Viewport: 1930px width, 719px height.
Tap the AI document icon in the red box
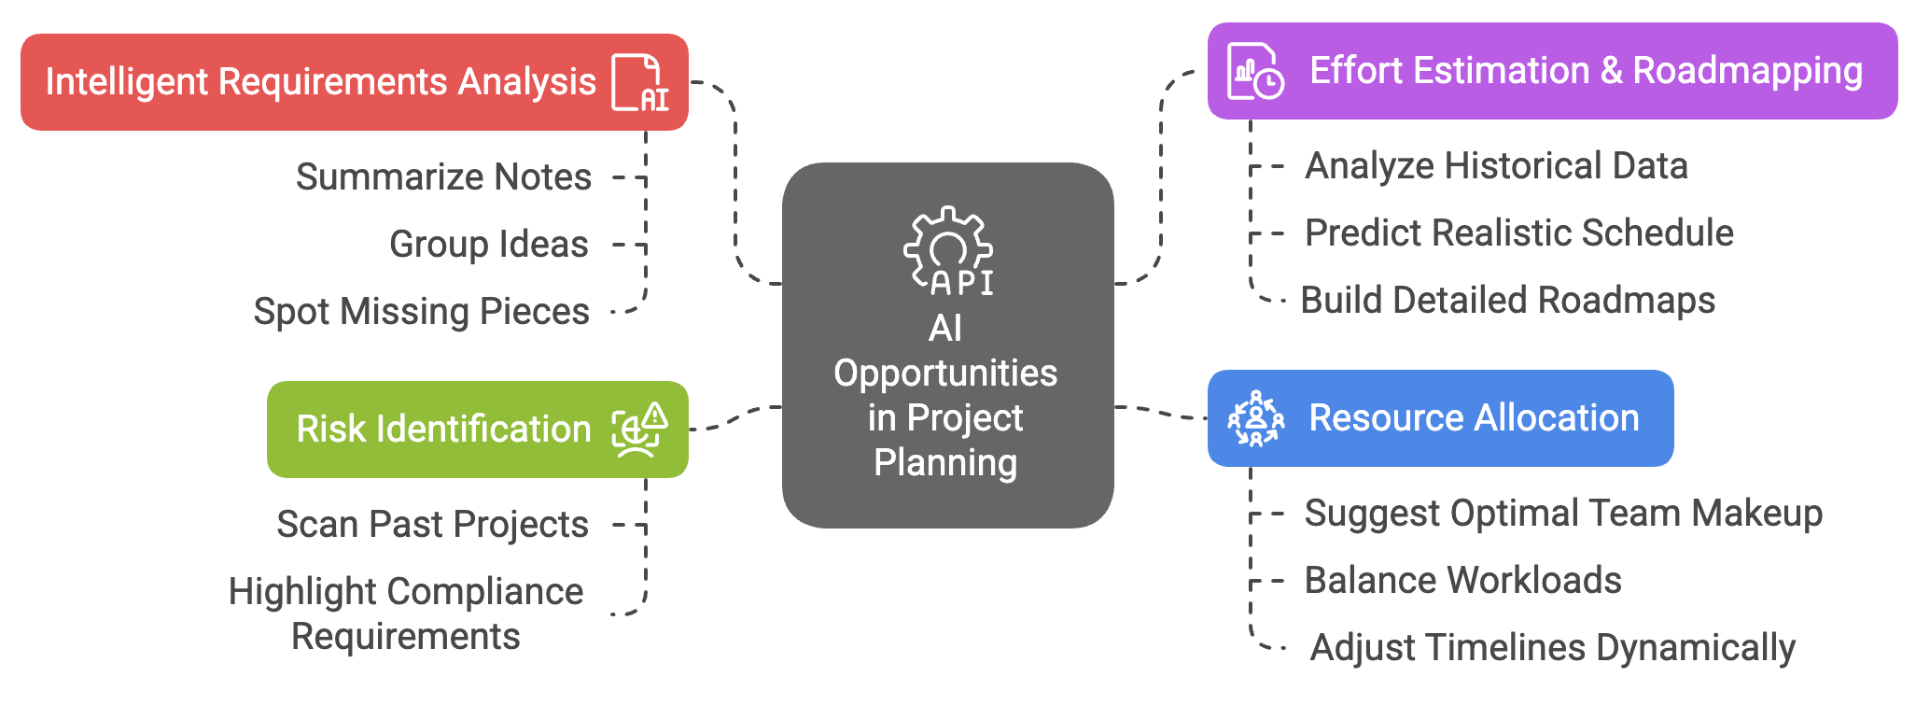(x=640, y=83)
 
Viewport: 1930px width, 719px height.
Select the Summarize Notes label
(x=443, y=176)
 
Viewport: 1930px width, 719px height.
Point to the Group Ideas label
(x=488, y=244)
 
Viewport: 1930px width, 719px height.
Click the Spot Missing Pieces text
(x=421, y=311)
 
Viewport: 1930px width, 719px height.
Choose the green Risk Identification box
(x=443, y=430)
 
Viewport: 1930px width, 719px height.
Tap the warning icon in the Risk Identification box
(x=639, y=430)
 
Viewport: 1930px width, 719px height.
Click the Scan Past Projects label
(x=432, y=524)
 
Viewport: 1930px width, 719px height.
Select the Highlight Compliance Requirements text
(x=406, y=613)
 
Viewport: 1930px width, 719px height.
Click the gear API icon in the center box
(x=948, y=250)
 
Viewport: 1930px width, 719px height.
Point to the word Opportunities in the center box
(x=945, y=373)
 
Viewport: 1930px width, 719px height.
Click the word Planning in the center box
(x=945, y=462)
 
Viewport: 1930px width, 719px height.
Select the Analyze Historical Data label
(x=1496, y=165)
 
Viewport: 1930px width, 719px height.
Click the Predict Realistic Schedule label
(x=1518, y=233)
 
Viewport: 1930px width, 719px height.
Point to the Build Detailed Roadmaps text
(x=1507, y=300)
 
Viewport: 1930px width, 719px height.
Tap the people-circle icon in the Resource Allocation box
(x=1256, y=418)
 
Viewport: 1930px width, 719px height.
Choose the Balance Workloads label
(x=1462, y=580)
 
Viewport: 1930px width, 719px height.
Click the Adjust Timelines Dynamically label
(x=1552, y=647)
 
